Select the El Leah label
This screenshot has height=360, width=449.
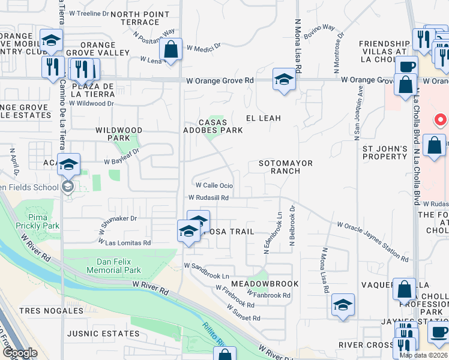coord(263,118)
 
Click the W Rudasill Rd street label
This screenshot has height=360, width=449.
coord(208,197)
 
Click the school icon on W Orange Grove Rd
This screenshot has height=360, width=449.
coord(283,79)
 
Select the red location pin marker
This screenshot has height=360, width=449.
coord(440,119)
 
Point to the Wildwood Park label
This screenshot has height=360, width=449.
coord(119,134)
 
